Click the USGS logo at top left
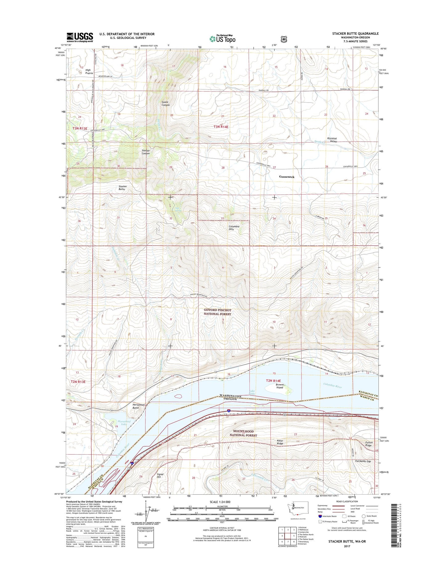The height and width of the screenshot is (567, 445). coord(80,38)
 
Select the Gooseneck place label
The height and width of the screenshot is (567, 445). coord(286,177)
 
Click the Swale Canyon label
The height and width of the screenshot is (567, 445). coord(166,103)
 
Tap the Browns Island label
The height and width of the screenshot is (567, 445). coord(279,386)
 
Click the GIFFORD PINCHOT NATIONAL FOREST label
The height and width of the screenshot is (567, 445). coord(217,312)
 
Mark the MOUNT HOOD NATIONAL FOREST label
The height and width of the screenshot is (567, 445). coord(243,433)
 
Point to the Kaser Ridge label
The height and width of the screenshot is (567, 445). coord(280,442)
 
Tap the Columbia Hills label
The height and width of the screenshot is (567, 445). coord(234,228)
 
